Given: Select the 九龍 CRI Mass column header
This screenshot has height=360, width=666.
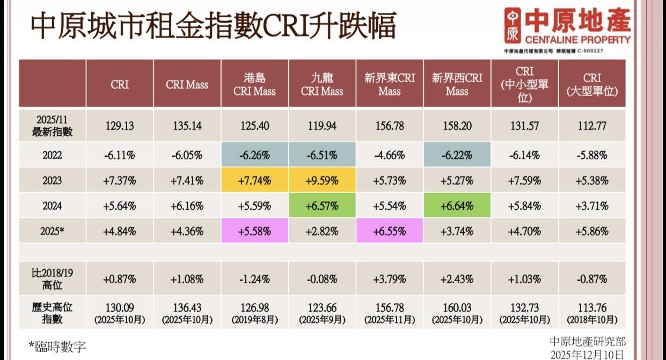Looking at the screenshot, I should pos(322,84).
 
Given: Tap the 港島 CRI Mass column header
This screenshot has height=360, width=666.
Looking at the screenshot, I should pos(254,84).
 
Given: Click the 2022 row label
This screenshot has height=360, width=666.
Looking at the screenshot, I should pos(52,156).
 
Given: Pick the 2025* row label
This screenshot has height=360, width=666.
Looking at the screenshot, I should pos(52,232).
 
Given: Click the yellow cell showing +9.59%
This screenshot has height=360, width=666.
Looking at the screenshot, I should pos(322,181).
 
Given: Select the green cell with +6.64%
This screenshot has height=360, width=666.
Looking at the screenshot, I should pos(457,206).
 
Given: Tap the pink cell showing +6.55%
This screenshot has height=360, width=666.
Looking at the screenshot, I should pos(390,232).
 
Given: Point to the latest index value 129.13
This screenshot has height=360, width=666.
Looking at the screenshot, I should pos(120,127).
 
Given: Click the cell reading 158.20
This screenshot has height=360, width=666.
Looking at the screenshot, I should pos(457,127).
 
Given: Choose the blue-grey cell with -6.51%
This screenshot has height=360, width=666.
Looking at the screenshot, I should pos(322,156).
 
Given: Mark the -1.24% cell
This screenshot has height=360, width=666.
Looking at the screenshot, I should pos(254,279).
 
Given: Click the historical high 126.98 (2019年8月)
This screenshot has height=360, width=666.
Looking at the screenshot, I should pos(254,312).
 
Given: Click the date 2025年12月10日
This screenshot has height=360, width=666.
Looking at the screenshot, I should pos(588,354).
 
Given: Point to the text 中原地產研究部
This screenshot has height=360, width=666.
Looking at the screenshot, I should pos(588,342).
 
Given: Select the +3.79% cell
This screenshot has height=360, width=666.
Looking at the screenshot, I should pos(390,279).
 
